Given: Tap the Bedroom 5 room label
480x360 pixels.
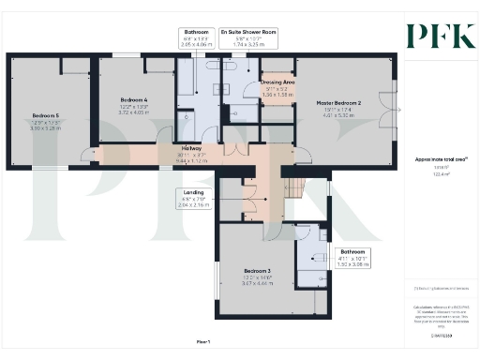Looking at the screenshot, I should click(x=44, y=117).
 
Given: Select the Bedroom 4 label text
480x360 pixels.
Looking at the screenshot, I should click(x=135, y=98).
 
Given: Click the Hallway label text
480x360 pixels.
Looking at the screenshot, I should click(x=191, y=148).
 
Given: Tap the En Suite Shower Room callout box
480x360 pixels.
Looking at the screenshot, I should click(x=249, y=37).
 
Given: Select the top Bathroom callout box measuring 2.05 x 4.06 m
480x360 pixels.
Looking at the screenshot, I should click(x=196, y=37).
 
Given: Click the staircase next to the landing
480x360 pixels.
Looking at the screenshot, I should click(x=295, y=190).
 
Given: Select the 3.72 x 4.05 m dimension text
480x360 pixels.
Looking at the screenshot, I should click(x=135, y=111).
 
